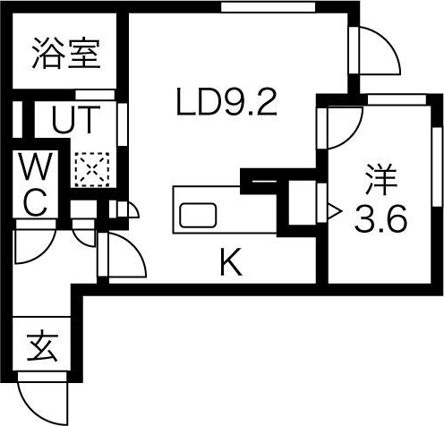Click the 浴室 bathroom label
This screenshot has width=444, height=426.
pos(66,54)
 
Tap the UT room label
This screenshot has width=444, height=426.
pos(76,120)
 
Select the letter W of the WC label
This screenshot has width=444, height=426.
pos(36,166)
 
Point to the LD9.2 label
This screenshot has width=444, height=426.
pos(226,102)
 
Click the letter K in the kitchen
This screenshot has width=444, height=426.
pos(231,262)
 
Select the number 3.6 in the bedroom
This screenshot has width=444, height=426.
pos(380,218)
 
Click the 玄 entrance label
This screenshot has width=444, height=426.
pos(42,345)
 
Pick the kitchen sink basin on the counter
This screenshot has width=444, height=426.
pos(198,215)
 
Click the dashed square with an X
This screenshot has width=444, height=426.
pos(92,170)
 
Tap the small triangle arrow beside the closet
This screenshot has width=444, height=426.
pos(334,211)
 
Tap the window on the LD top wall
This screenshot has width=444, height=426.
pos(268,7)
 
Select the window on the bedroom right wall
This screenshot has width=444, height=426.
pos(438,166)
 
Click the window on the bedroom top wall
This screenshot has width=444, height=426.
pos(397,99)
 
